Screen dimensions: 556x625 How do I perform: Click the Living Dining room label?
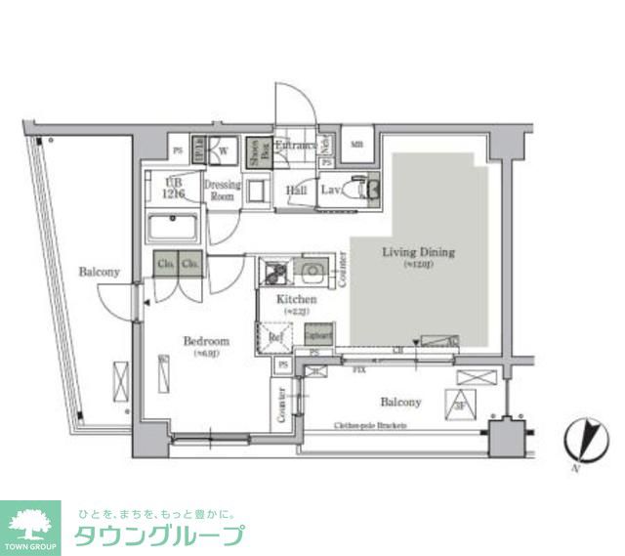[418, 252]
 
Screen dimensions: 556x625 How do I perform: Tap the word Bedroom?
[206, 341]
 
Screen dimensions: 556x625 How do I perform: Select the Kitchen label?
[295, 298]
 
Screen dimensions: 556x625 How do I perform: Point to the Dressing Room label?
[222, 189]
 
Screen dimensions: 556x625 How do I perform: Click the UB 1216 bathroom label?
[174, 188]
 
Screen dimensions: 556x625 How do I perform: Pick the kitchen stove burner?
[272, 269]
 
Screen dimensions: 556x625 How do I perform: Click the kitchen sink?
[313, 269]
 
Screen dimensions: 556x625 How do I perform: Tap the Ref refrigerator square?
[275, 338]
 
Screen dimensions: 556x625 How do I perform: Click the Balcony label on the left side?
[99, 272]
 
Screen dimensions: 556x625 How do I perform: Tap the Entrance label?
[295, 147]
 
